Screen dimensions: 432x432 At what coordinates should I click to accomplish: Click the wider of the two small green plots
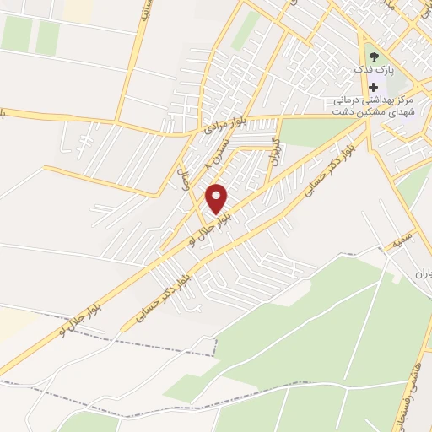17,34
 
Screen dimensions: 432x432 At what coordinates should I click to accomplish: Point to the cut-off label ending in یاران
423,273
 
